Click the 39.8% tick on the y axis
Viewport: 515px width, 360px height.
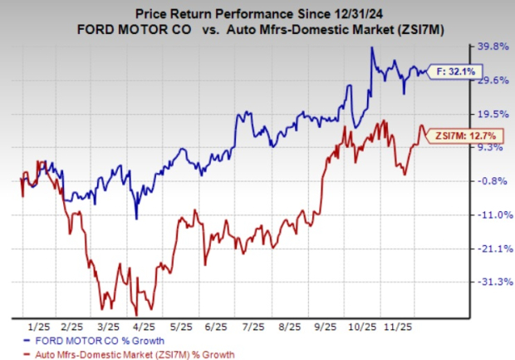[486, 47]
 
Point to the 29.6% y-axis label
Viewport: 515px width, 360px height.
[486, 81]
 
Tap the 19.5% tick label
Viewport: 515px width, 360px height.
[486, 114]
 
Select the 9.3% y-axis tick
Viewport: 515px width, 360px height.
[486, 147]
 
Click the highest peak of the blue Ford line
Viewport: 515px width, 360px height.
[371, 48]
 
